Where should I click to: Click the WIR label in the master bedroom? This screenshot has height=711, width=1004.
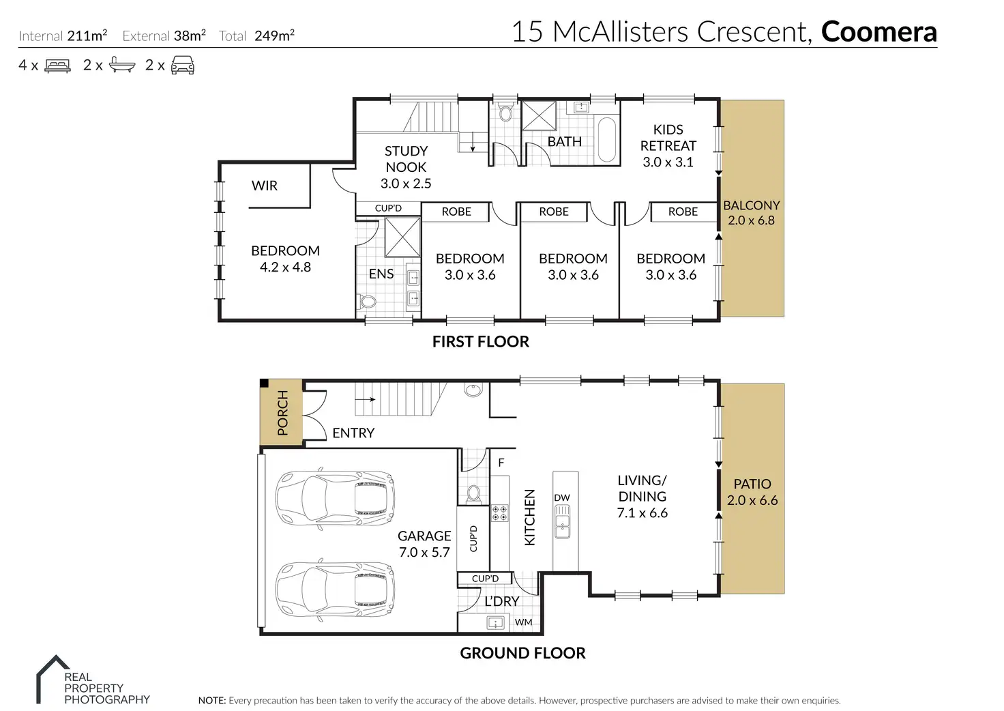point(265,186)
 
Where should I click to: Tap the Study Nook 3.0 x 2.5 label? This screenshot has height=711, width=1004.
point(406,167)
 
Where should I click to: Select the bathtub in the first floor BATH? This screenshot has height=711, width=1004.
point(607,139)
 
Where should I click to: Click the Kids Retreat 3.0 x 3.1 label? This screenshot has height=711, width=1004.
point(668,146)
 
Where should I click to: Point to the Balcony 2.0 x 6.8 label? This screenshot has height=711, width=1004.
point(752,212)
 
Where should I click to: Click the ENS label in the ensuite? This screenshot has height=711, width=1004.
point(381,274)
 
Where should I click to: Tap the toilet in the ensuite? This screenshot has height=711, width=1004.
point(367,302)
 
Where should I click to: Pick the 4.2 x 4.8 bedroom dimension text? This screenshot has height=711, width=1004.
point(286,267)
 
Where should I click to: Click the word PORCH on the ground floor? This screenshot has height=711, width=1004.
point(282,413)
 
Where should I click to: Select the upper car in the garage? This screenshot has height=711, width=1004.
point(335,498)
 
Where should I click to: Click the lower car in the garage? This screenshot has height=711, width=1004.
point(335,589)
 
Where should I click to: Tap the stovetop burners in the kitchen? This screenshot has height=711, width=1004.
point(499,513)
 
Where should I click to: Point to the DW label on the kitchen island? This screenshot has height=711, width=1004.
point(561,497)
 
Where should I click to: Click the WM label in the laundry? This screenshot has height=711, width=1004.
point(524,622)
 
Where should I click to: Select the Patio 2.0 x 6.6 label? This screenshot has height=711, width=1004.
point(752,492)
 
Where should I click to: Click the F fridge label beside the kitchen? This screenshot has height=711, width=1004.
point(501,462)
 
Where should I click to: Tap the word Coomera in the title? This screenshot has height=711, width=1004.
point(879,31)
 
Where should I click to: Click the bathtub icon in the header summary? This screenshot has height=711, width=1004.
point(122,65)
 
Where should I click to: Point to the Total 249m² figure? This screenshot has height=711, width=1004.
point(256,35)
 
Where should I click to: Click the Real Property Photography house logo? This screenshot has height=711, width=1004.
point(53,678)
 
